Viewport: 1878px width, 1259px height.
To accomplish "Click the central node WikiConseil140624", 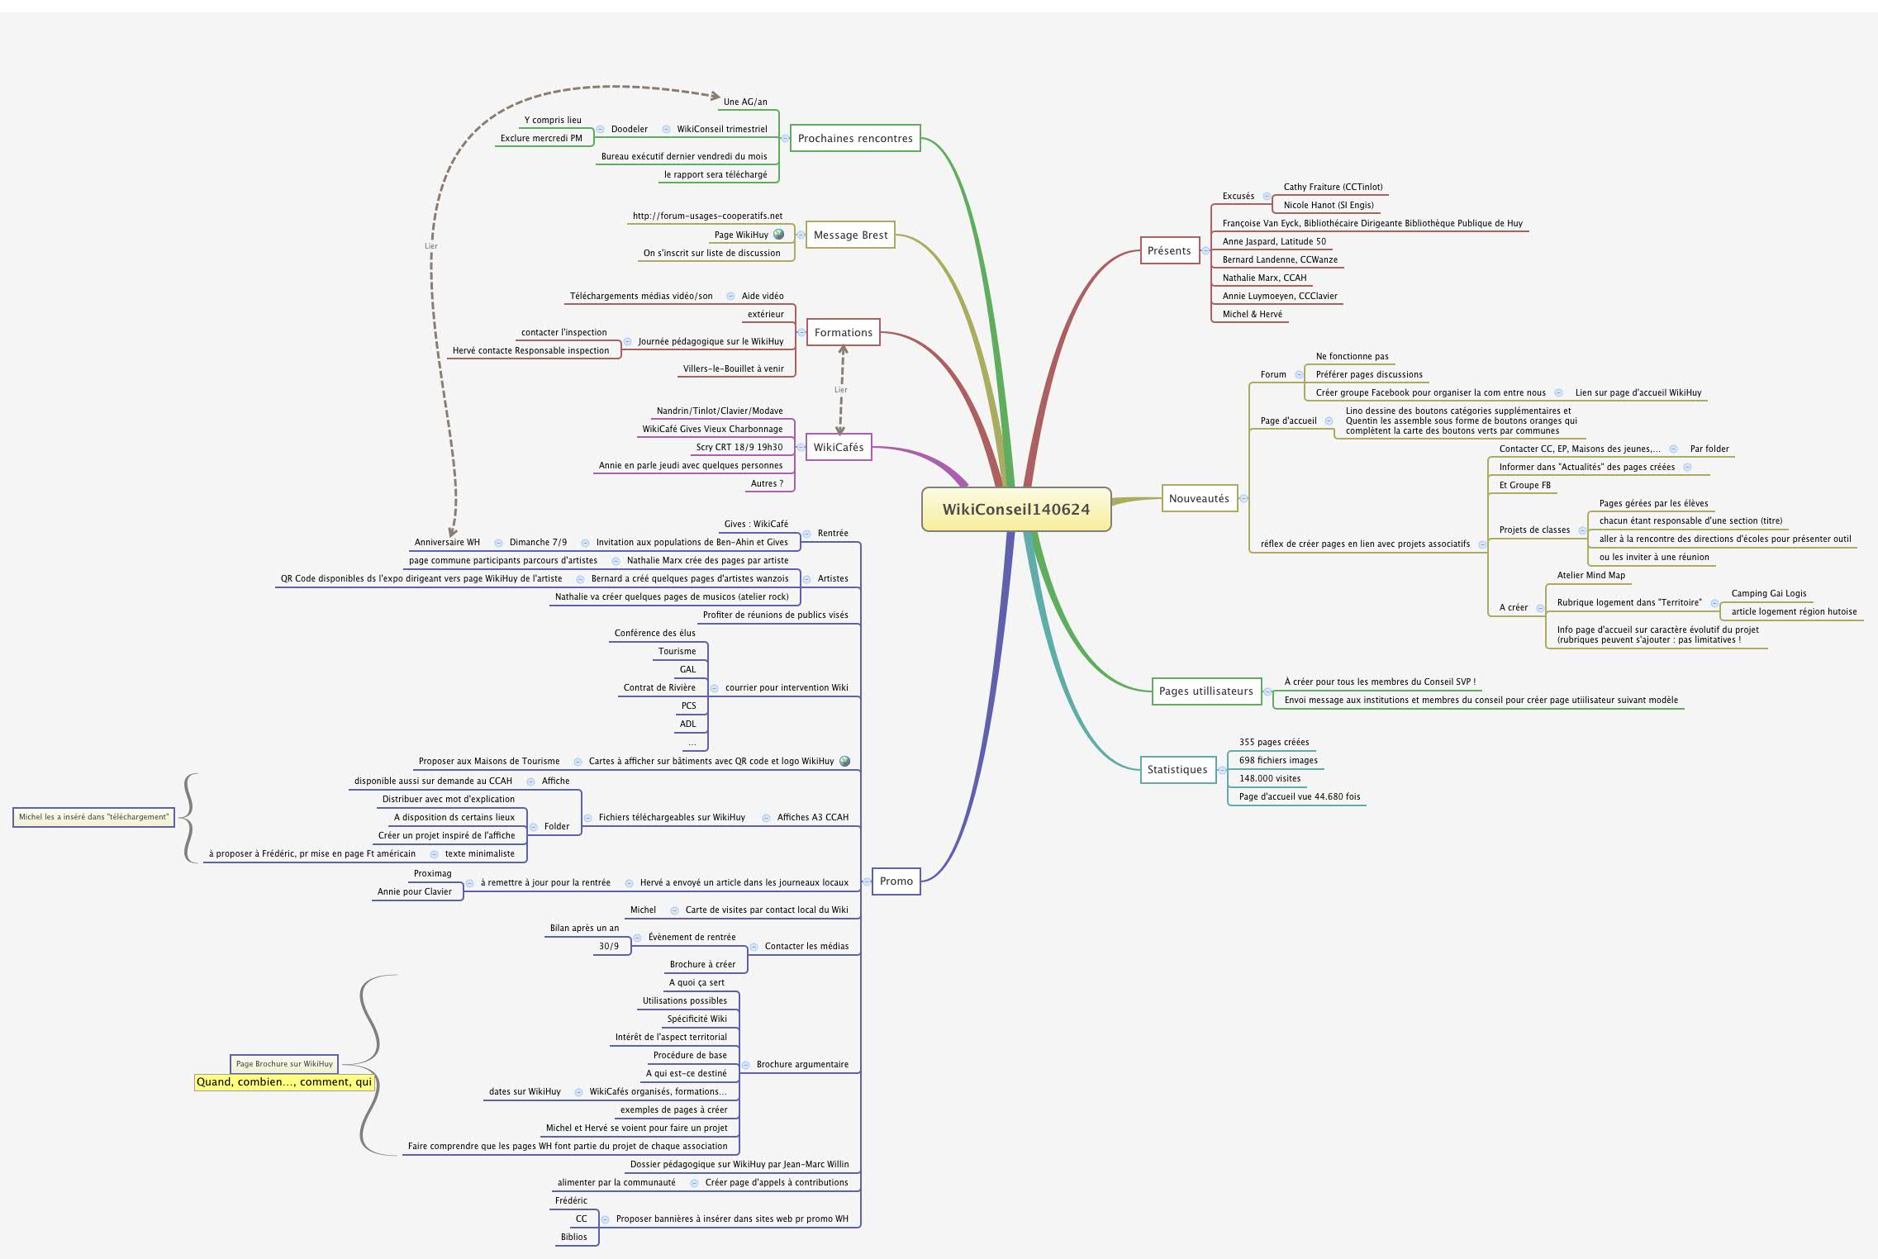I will tap(1015, 509).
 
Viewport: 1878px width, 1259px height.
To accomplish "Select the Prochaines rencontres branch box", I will tap(855, 138).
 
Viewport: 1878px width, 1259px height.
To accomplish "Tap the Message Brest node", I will tap(850, 235).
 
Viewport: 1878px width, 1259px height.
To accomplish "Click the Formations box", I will tap(843, 332).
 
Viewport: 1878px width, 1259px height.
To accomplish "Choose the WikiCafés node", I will tap(838, 447).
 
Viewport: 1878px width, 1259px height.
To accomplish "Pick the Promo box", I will tap(896, 881).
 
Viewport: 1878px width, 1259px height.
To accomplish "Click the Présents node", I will tap(1168, 250).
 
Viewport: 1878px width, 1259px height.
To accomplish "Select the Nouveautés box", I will tap(1198, 498).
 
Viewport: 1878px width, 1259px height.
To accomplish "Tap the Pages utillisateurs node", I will tap(1205, 691).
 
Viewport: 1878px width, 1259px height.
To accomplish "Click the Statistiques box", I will tap(1177, 769).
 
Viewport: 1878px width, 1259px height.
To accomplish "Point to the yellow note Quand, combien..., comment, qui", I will tap(284, 1081).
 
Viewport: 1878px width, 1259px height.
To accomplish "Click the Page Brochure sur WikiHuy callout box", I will tap(284, 1064).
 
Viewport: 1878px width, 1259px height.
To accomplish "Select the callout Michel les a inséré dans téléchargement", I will tap(93, 817).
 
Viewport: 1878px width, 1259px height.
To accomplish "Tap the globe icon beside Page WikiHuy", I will tap(778, 235).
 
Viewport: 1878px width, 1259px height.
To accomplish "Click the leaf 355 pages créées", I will tap(1273, 742).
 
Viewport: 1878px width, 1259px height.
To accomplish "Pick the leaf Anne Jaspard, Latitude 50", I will tap(1273, 241).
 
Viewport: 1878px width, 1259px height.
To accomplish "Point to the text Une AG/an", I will tap(744, 102).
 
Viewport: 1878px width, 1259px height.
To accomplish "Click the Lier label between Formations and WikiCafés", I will tap(840, 390).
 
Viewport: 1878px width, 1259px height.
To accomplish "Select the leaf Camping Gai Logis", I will tap(1768, 593).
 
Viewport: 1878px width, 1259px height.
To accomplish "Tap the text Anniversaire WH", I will tap(447, 542).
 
